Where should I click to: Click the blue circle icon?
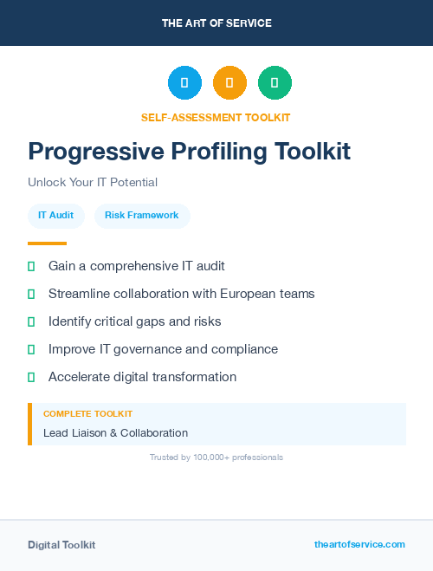184,82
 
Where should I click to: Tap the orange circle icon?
229,82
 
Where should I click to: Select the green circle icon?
275,82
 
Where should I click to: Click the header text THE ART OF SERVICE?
216,23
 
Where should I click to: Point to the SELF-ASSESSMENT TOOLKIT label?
216,117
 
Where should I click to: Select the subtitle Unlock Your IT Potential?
93,183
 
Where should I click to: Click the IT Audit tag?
55,215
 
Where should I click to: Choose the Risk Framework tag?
141,215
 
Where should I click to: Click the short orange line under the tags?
47,243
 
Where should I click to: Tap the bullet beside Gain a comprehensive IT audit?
31,266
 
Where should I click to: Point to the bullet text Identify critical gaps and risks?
134,321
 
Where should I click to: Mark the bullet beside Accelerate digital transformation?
31,377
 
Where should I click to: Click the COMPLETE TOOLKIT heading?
87,414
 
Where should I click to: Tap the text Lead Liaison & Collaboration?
115,433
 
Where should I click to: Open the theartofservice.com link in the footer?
359,544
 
